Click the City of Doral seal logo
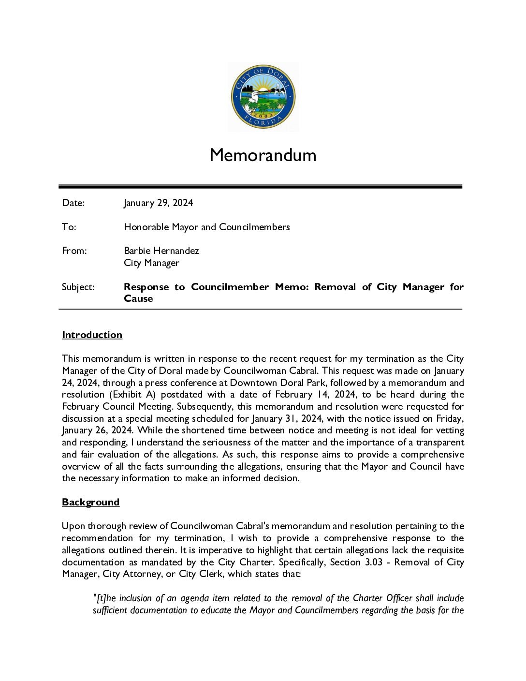(263, 97)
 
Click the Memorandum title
(263, 155)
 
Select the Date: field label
(73, 203)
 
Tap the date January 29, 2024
(158, 203)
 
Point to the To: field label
(69, 227)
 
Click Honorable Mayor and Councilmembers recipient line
(206, 227)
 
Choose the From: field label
(74, 251)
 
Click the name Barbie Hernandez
(161, 251)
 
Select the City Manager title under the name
(151, 263)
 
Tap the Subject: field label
(78, 287)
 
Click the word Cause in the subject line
(138, 298)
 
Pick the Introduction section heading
(92, 335)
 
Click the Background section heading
(90, 502)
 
